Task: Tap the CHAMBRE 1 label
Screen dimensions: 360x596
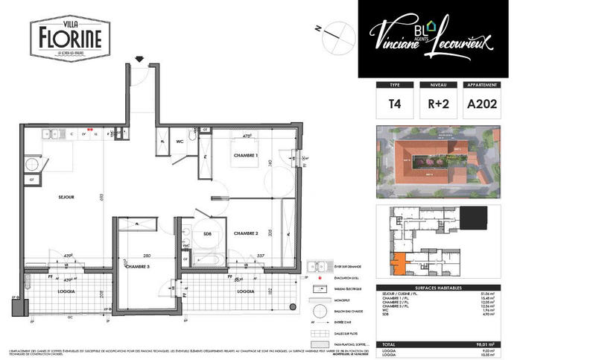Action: point(245,155)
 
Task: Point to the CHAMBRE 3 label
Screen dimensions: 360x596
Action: point(140,267)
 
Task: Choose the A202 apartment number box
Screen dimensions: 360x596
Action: point(481,105)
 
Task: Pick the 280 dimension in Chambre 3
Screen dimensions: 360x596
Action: point(148,254)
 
